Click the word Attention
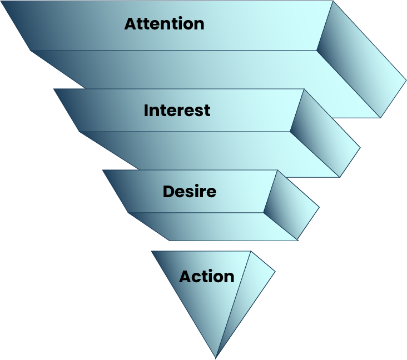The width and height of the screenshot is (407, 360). point(164,24)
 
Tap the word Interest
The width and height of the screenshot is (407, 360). point(177,110)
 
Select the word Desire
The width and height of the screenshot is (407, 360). point(189,192)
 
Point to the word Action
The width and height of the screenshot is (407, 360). point(206,276)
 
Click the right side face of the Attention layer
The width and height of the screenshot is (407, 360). point(362,61)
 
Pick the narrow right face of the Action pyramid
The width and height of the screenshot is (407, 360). point(248,294)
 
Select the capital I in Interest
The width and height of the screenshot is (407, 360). point(146,110)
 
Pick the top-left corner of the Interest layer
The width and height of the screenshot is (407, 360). point(54,89)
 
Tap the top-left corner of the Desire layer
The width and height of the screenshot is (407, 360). point(103,171)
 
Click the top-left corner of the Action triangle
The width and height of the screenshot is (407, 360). point(152,251)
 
